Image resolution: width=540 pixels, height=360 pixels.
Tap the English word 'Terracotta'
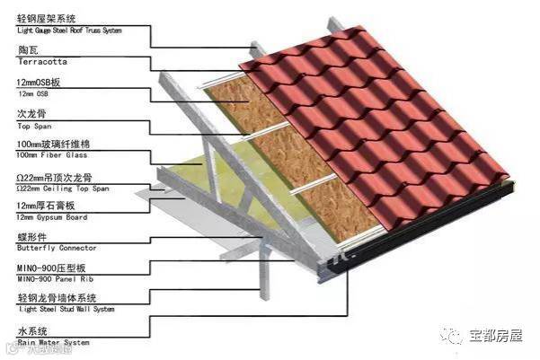pyautogui.click(x=41, y=62)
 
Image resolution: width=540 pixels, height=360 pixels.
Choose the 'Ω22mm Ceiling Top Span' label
pyautogui.click(x=62, y=189)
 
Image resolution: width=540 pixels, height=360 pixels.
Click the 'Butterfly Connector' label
pyautogui.click(x=57, y=249)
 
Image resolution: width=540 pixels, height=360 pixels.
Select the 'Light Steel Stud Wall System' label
pyautogui.click(x=66, y=311)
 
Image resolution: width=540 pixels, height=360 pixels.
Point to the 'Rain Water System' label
pyautogui.click(x=53, y=342)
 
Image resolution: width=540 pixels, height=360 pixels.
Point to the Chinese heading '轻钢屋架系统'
pyautogui.click(x=44, y=19)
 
